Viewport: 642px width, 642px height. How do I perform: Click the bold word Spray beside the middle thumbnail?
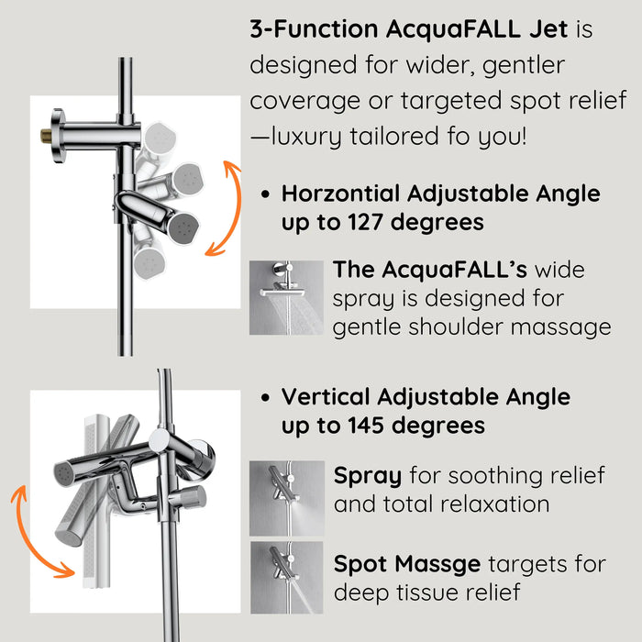[368, 476]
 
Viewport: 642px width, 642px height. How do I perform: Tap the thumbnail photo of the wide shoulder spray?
[286, 297]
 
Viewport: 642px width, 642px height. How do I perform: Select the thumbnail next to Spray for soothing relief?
[286, 498]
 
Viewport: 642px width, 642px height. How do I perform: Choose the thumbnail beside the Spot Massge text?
[286, 577]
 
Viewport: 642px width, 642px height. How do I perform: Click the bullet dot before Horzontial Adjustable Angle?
[265, 195]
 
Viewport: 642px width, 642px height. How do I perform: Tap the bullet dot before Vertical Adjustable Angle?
[265, 398]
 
